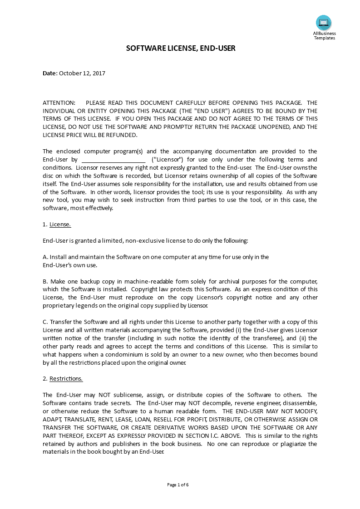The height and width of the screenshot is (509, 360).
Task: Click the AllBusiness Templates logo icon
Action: tap(324, 22)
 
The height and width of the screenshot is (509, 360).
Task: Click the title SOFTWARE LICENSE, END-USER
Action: tap(181, 48)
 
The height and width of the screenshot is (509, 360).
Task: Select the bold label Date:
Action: tap(50, 73)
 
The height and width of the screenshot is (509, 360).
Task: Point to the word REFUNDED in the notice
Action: tap(121, 135)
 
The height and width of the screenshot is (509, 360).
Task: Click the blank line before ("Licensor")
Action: tap(113, 160)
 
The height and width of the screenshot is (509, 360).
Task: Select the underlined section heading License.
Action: tap(60, 224)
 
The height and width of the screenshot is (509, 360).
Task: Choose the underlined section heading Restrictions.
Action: tap(66, 378)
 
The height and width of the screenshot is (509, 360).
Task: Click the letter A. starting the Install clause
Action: tap(45, 257)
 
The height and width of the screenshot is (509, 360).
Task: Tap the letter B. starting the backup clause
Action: tap(45, 281)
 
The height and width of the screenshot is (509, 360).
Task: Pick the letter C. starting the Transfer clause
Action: tap(45, 322)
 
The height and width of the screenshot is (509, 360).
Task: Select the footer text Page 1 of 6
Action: tap(178, 485)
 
